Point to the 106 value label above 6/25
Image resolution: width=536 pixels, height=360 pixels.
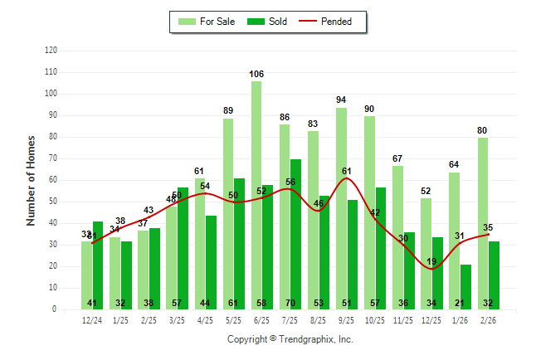(256, 75)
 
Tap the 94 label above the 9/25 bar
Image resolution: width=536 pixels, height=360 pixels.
(341, 100)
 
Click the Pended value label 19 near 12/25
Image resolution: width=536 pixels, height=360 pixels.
(431, 262)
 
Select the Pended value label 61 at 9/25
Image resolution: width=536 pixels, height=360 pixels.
(347, 172)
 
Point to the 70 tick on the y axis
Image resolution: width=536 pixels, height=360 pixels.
(53, 158)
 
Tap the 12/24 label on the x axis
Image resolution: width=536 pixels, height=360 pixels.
(92, 321)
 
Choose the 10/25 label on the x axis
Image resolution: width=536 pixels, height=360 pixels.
(375, 321)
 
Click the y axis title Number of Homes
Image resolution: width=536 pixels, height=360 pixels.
(31, 180)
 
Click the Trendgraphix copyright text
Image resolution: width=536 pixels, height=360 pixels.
(290, 339)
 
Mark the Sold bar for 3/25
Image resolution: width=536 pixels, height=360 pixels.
(183, 248)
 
